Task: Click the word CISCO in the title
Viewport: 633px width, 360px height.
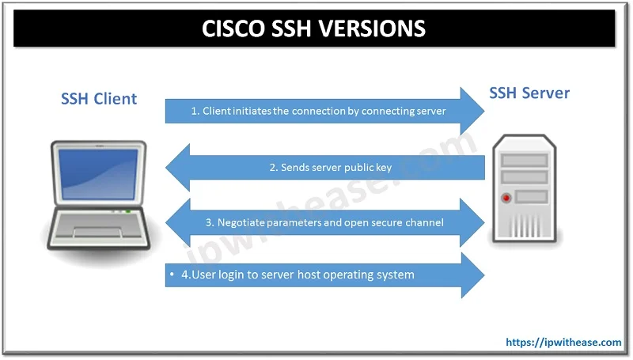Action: click(x=235, y=28)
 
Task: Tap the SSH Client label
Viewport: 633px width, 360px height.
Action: click(x=99, y=99)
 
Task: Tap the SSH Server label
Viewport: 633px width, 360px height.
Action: click(x=529, y=93)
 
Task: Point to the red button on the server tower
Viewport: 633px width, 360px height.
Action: click(x=503, y=194)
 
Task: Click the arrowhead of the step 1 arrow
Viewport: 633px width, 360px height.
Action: click(x=471, y=112)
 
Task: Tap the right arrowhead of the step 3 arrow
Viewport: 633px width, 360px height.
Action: click(x=472, y=222)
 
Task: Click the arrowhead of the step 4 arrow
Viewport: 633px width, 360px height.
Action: click(x=470, y=275)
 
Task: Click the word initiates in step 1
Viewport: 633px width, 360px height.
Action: click(x=252, y=112)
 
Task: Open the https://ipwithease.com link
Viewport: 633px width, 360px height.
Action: click(x=563, y=343)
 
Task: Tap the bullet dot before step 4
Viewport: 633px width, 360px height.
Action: click(x=172, y=275)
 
